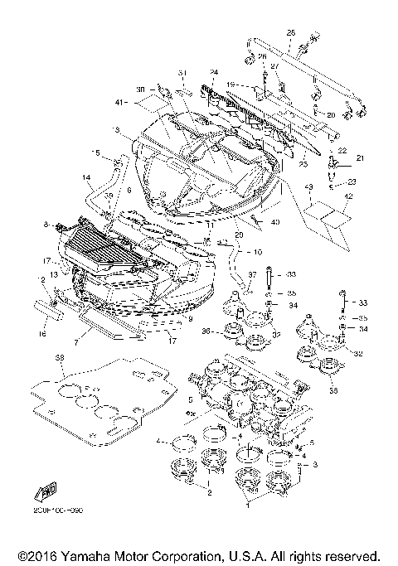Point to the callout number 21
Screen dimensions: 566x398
[x=360, y=157]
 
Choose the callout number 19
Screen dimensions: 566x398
[x=231, y=84]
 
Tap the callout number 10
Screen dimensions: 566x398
[x=258, y=251]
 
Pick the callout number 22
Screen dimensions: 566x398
[x=340, y=142]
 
